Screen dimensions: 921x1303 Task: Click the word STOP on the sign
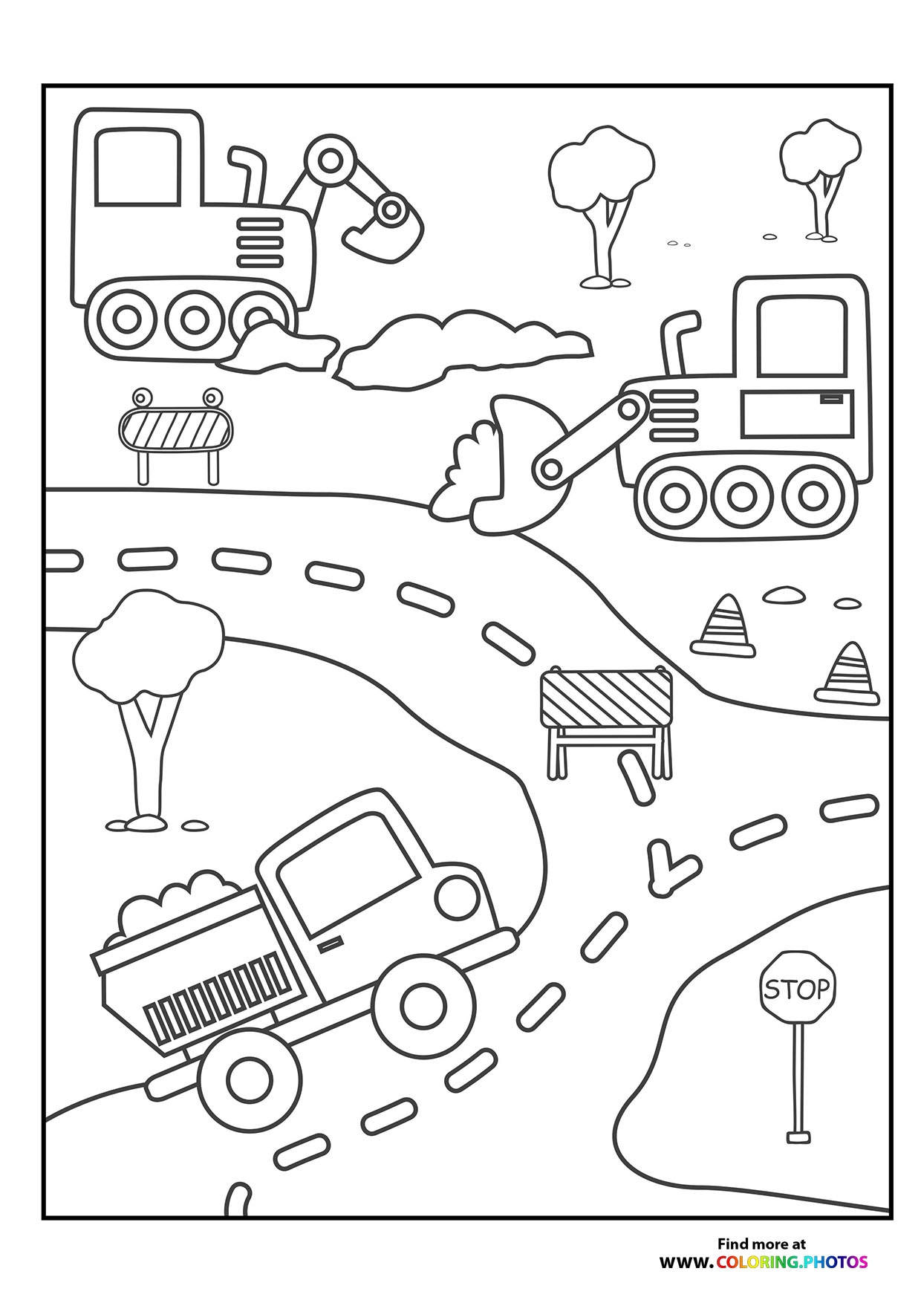[x=797, y=990]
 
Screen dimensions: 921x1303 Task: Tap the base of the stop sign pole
[x=798, y=1157]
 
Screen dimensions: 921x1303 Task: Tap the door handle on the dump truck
[x=331, y=943]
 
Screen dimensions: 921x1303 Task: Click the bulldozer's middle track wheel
[x=743, y=496]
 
